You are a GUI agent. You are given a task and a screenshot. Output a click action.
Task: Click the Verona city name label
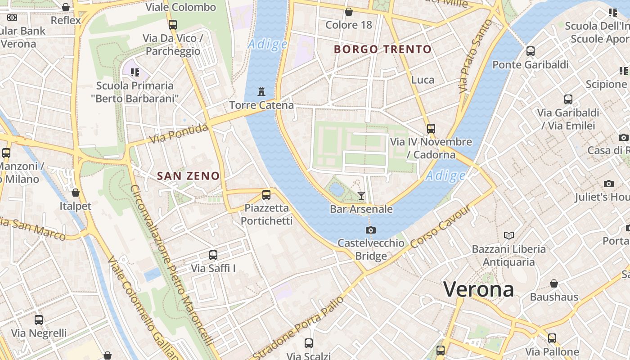[x=478, y=289]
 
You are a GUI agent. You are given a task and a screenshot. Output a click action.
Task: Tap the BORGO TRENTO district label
[x=383, y=49]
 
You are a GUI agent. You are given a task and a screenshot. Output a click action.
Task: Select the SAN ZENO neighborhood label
[x=188, y=176]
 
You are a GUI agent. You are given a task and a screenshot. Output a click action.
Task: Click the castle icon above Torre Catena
[x=261, y=92]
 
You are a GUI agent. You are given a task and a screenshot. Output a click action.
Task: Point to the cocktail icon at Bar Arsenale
[x=361, y=195]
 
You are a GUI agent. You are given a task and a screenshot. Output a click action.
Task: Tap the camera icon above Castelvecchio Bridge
[x=371, y=230]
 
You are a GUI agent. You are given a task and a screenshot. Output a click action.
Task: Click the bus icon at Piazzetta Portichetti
[x=266, y=195]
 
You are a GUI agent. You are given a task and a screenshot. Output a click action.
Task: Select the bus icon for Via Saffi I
[x=213, y=255]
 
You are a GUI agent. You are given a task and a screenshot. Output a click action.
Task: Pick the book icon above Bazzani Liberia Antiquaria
[x=509, y=235]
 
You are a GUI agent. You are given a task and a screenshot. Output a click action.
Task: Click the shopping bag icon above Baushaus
[x=554, y=283]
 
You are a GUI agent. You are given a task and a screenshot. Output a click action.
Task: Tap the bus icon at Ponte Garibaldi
[x=531, y=51]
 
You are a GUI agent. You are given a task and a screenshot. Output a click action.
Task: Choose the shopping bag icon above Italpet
[x=76, y=193]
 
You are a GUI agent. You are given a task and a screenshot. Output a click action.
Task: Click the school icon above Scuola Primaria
[x=135, y=72]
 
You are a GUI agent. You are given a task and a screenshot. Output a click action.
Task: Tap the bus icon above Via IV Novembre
[x=431, y=128]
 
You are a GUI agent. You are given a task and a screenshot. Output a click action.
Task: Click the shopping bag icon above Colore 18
[x=349, y=12]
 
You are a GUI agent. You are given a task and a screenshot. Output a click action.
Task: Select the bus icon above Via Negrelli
[x=39, y=320]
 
